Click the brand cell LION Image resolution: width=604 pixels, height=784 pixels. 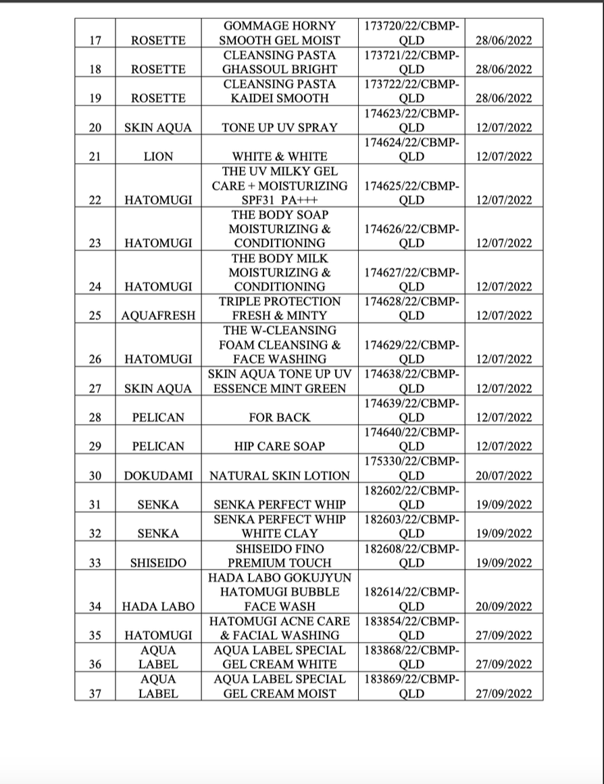point(158,156)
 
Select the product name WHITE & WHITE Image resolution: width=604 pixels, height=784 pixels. point(280,156)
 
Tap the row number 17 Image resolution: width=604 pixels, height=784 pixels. point(95,41)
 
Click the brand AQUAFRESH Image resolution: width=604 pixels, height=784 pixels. point(158,315)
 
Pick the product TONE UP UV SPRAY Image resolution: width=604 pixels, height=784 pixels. point(280,127)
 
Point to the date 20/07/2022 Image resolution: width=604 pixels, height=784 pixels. point(503,476)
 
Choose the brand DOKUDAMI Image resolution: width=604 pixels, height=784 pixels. point(158,476)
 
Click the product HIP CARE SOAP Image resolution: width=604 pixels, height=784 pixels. point(280,446)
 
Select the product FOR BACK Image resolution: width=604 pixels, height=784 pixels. point(280,417)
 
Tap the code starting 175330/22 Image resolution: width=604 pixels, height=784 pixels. point(411,468)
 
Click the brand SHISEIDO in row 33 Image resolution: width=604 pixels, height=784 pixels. point(158,562)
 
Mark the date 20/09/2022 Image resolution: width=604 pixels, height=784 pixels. point(503,606)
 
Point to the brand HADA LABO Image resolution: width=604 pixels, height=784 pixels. point(158,606)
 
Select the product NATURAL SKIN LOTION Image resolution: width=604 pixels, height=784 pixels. point(280,476)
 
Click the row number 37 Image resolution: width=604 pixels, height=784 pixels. point(95,693)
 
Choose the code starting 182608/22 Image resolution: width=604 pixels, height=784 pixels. point(411,555)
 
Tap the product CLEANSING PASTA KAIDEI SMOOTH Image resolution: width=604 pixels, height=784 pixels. point(280,91)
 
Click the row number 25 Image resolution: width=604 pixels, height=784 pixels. point(95,315)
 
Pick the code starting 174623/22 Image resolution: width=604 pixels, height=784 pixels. point(411,120)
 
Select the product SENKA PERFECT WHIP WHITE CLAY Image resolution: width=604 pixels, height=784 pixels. point(280,526)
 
